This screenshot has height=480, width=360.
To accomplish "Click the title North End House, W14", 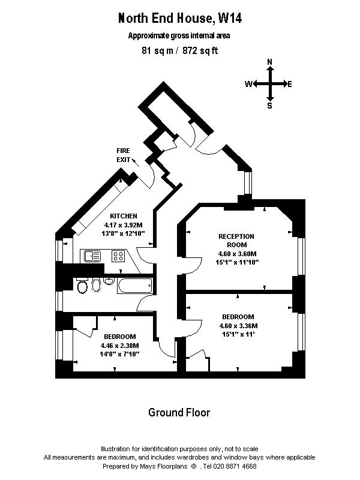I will click(179, 19).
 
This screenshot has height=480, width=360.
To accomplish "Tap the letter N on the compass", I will click(270, 62).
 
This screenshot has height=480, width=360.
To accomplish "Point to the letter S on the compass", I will click(269, 106).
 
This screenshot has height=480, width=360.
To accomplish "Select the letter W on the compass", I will click(247, 84).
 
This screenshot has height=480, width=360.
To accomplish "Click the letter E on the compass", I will click(290, 84).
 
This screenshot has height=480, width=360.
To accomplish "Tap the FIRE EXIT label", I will click(124, 155).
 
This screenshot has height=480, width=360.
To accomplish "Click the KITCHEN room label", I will click(124, 216).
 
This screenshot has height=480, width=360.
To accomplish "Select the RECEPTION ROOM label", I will click(236, 241).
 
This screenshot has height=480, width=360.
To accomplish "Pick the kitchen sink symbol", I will click(92, 256).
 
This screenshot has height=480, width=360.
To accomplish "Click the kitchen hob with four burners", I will click(118, 256).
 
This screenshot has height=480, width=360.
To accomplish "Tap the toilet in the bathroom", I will click(82, 286).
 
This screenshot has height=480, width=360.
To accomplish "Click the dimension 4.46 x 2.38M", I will click(119, 346).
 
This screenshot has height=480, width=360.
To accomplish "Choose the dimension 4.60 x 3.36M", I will click(238, 326).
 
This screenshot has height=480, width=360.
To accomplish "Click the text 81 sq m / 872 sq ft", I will click(179, 50).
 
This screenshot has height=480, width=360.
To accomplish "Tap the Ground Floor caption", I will click(179, 413).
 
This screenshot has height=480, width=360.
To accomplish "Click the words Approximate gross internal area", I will click(179, 35).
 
